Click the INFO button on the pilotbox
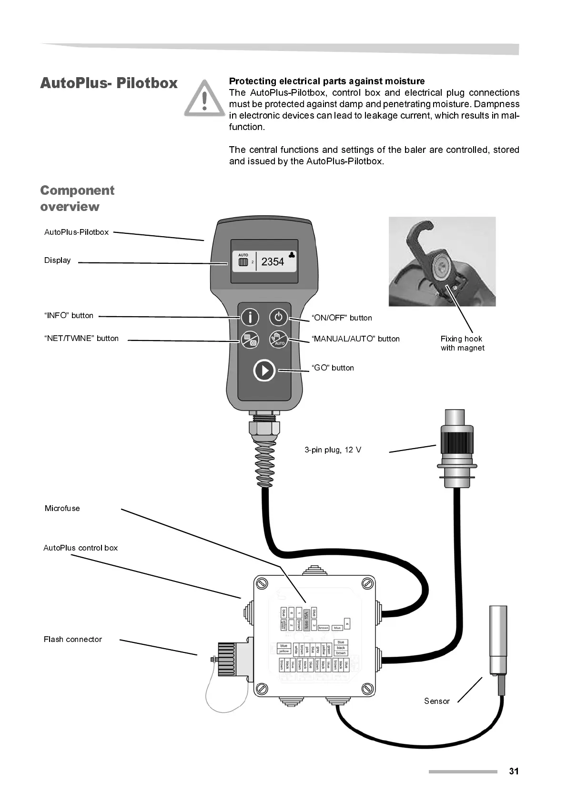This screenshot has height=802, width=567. (250, 317)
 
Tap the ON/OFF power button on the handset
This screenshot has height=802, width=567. (279, 317)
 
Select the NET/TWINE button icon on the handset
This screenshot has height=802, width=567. (250, 340)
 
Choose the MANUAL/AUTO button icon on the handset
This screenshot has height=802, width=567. (279, 340)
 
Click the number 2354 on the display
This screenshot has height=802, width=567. (273, 261)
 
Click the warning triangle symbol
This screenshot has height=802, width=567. (204, 99)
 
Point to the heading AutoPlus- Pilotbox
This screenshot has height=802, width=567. (109, 83)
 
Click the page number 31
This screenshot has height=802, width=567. (514, 771)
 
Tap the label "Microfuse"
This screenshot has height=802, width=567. (62, 508)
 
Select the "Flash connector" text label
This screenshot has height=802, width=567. (72, 639)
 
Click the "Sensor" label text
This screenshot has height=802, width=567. (437, 701)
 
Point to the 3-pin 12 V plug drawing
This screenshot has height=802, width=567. (456, 448)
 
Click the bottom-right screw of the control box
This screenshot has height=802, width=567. (367, 688)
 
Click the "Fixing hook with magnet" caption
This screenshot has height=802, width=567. (462, 343)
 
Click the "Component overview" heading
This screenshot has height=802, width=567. (77, 198)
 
